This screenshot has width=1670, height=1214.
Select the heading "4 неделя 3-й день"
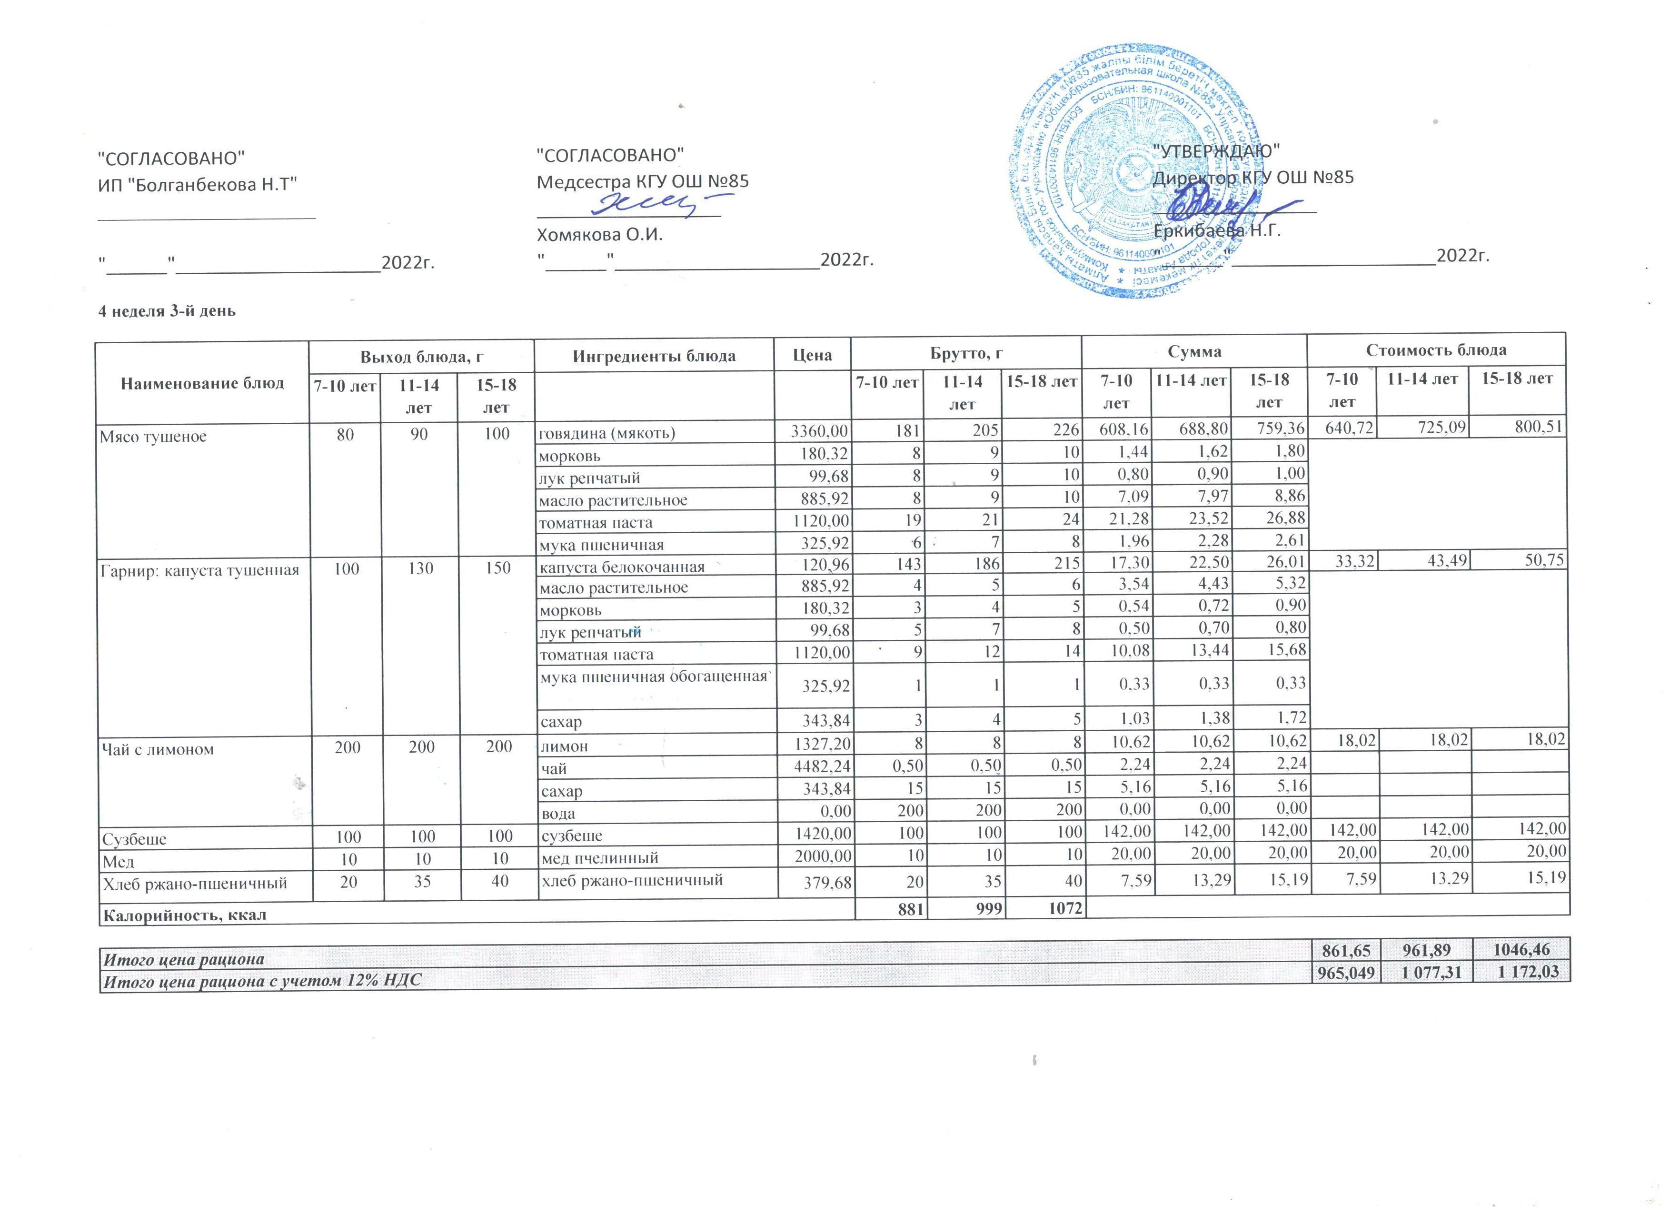[167, 311]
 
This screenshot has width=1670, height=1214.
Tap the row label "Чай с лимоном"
[157, 749]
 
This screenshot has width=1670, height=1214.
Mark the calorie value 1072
[1063, 908]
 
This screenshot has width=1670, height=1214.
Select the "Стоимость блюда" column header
[1436, 350]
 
